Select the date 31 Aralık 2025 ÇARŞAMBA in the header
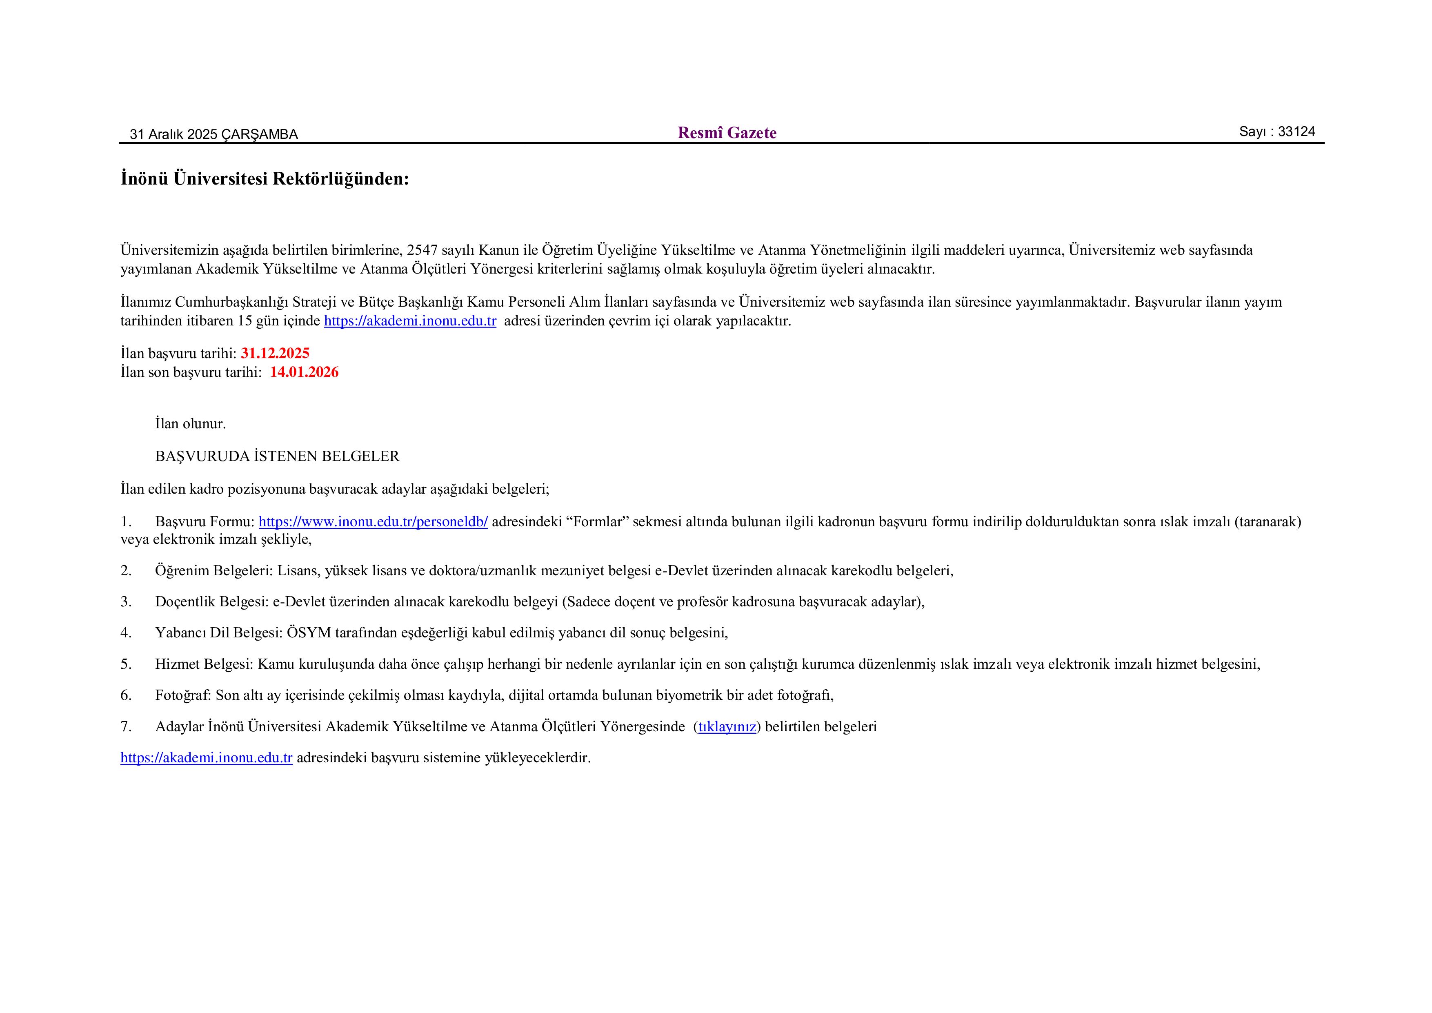coord(213,134)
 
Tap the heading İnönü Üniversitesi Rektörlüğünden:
coord(265,179)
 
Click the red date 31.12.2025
coord(275,353)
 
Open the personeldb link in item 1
coord(373,521)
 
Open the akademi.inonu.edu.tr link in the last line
coord(207,758)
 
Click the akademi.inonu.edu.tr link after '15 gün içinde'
coord(410,321)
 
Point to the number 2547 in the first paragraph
coord(422,250)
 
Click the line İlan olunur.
coord(190,424)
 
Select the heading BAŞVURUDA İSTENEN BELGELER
coord(277,456)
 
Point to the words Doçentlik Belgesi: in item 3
coord(211,602)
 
